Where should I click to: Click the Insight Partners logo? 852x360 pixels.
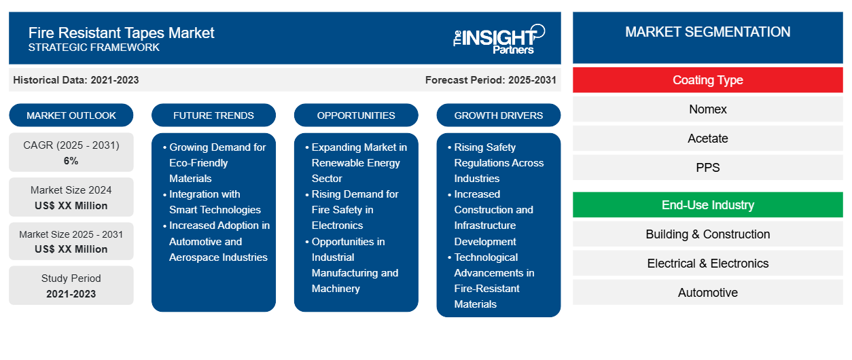tap(499, 39)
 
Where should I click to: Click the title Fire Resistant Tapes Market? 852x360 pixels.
tap(122, 33)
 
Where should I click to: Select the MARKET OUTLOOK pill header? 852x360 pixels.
tap(71, 115)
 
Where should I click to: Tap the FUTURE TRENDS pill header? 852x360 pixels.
tap(213, 115)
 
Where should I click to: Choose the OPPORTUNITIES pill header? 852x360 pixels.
tap(356, 115)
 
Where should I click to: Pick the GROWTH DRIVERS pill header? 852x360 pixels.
tap(498, 115)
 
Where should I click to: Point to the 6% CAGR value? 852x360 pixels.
tap(71, 161)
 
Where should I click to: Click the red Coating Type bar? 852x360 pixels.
tap(707, 80)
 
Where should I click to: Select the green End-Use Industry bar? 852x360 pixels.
tap(707, 205)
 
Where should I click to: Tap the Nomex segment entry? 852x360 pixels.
tap(707, 109)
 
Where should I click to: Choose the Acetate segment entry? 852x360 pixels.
tap(707, 139)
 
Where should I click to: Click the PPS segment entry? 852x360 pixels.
tap(707, 168)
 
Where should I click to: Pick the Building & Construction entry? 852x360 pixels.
tap(707, 234)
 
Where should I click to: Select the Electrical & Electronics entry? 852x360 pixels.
tap(707, 264)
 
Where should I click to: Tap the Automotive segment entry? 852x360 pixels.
tap(707, 292)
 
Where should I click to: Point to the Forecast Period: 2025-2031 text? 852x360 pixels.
tap(491, 80)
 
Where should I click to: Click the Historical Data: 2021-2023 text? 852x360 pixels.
tap(76, 80)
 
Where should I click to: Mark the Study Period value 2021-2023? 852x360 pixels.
tap(71, 294)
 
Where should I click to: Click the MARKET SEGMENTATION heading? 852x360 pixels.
tap(707, 32)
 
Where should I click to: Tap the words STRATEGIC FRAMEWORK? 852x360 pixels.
tap(94, 48)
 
